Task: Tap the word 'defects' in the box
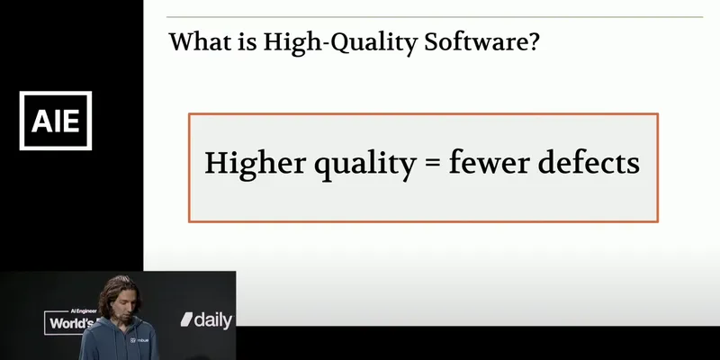pos(586,164)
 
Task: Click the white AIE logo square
pos(56,120)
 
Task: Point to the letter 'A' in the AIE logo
pos(39,120)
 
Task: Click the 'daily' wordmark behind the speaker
pos(214,319)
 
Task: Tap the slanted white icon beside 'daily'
pos(188,319)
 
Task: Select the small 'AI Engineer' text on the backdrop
pos(63,309)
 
